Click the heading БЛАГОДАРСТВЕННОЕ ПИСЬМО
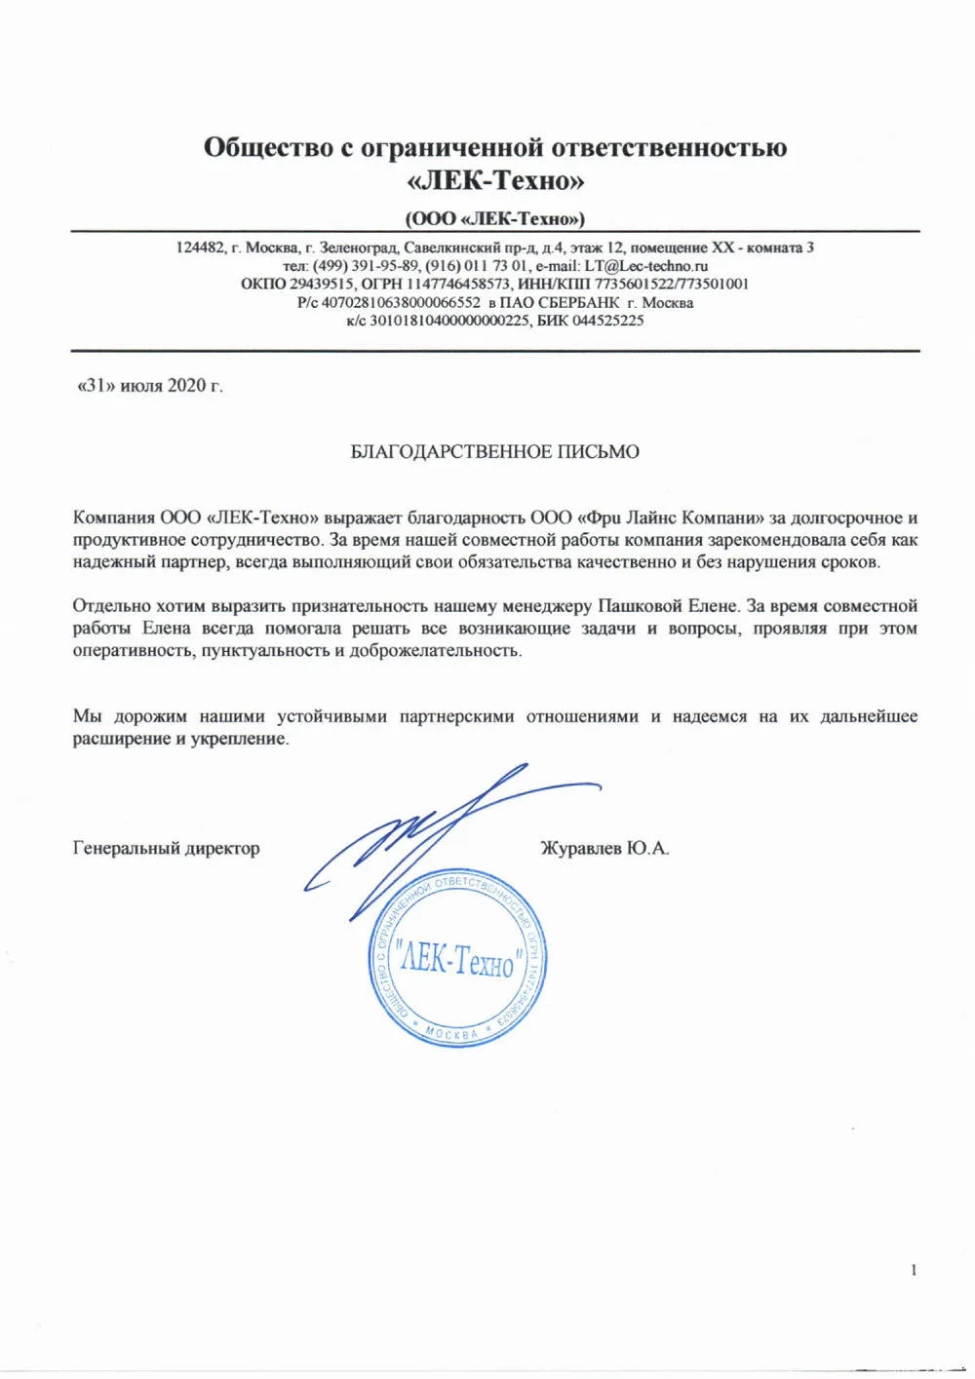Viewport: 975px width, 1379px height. click(494, 451)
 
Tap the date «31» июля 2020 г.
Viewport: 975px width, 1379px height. click(149, 385)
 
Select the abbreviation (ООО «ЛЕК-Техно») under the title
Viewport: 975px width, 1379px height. click(494, 217)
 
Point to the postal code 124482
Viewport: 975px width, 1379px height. click(200, 248)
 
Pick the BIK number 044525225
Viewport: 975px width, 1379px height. click(607, 321)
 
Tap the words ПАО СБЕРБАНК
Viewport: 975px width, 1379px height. click(559, 302)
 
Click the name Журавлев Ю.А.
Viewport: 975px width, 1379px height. click(604, 848)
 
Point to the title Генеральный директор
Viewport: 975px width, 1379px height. click(166, 848)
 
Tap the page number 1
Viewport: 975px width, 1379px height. click(914, 1269)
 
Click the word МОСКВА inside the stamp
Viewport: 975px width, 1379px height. click(452, 1033)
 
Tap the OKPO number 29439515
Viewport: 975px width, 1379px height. click(322, 284)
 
